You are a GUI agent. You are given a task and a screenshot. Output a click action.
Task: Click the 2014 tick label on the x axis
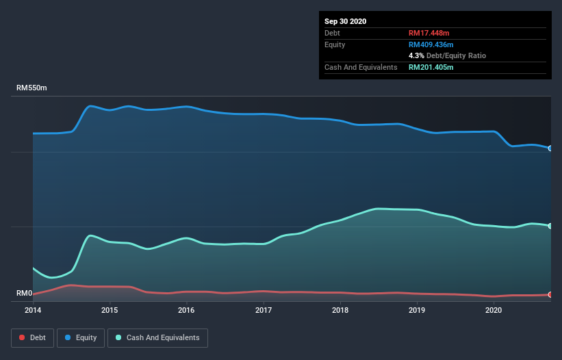pos(33,310)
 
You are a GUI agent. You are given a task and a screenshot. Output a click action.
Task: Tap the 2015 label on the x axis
pos(110,310)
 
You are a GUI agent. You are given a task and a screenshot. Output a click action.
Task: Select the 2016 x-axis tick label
pos(186,310)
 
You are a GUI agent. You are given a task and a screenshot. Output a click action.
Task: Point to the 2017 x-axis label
pos(264,310)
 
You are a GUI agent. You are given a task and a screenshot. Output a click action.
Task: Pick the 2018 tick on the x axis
pos(340,310)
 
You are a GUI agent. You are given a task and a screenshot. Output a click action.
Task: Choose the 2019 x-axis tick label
pos(417,310)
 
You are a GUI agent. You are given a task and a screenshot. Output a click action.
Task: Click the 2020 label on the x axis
pos(494,310)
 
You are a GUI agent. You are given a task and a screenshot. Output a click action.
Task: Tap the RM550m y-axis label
pos(32,88)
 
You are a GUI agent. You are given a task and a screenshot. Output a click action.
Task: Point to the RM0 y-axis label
pos(25,294)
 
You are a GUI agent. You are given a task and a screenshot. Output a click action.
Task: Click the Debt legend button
pos(32,337)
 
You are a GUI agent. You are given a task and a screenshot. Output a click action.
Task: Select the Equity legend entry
pos(81,337)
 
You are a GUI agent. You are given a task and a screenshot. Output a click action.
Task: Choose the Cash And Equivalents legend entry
pos(157,337)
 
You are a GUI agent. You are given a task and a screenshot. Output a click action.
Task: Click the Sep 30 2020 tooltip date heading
pos(345,21)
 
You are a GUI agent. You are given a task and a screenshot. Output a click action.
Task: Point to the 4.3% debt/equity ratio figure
pos(416,55)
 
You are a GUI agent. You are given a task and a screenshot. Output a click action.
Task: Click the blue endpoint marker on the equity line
pos(550,148)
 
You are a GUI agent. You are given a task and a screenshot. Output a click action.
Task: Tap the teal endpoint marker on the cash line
pos(550,226)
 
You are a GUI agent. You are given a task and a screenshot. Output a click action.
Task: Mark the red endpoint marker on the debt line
pos(550,294)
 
